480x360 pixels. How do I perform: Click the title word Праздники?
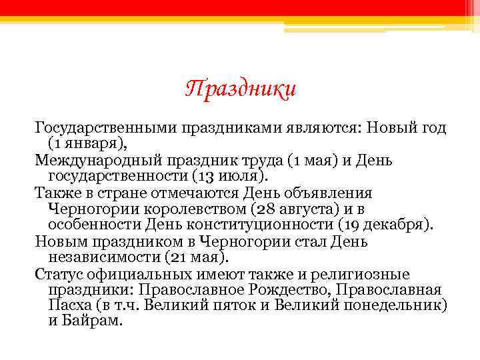point(240,89)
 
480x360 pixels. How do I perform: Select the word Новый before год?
point(379,127)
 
